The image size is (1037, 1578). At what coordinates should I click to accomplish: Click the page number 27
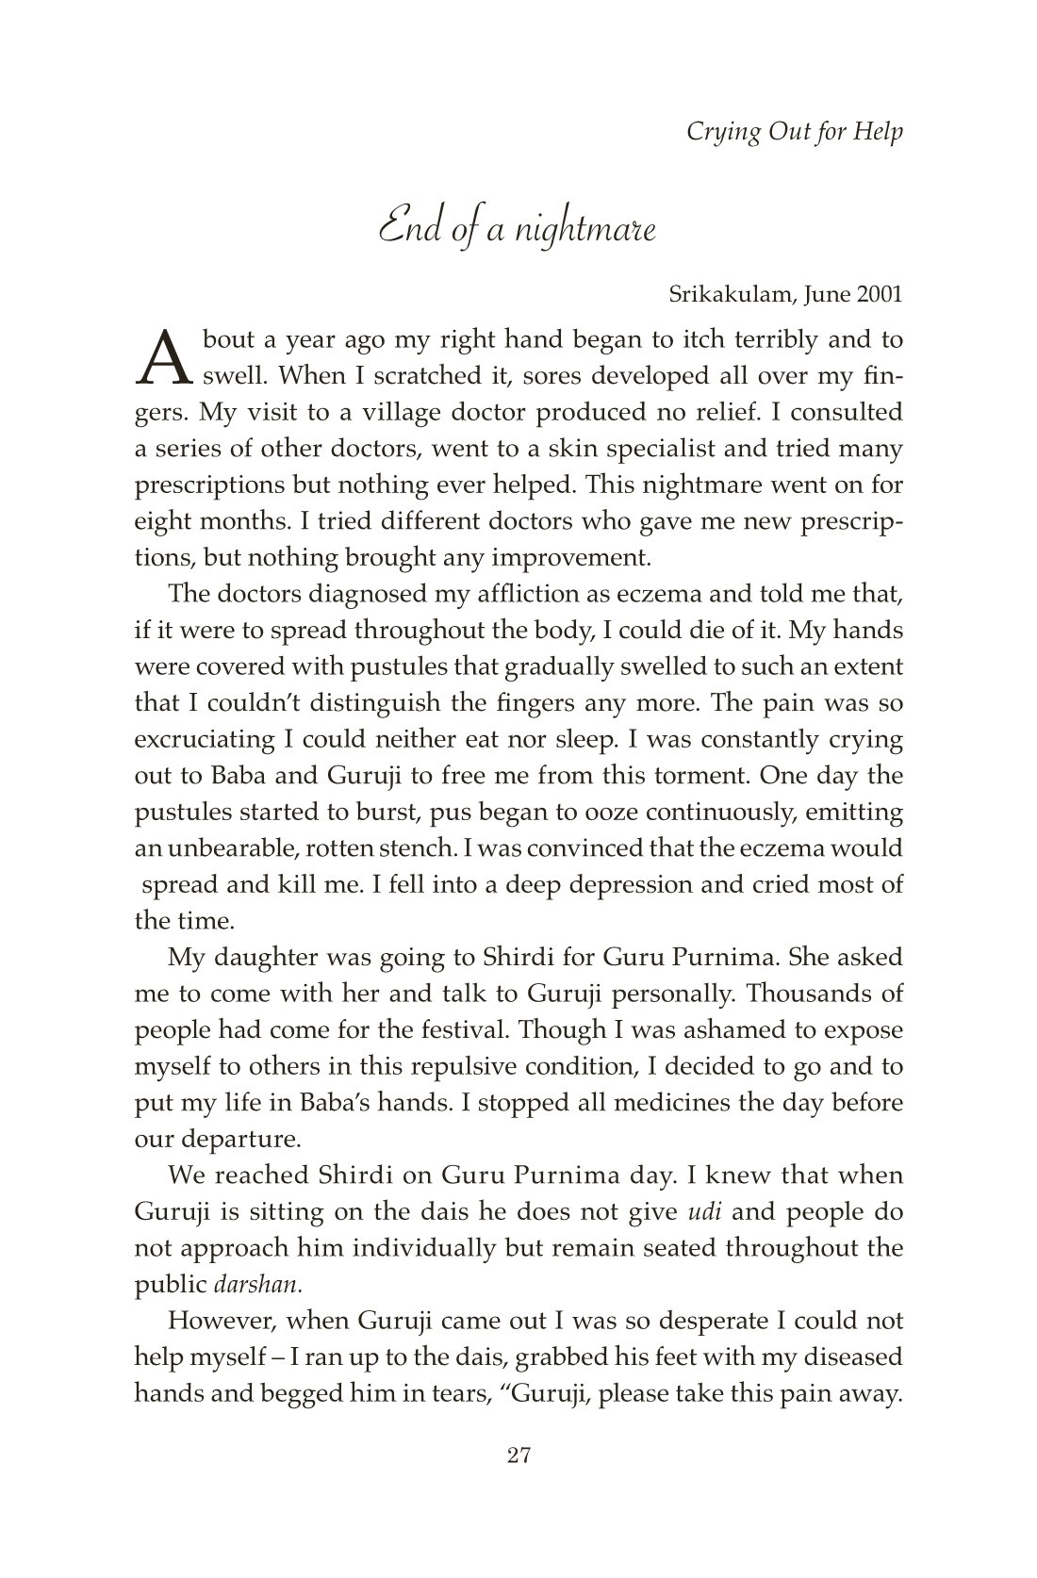pyautogui.click(x=519, y=1482)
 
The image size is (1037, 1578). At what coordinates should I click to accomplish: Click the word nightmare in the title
pyautogui.click(x=584, y=229)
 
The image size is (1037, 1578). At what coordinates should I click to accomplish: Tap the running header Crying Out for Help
pyautogui.click(x=794, y=131)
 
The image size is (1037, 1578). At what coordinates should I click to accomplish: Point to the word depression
pyautogui.click(x=657, y=885)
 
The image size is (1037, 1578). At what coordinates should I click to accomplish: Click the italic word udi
pyautogui.click(x=693, y=1211)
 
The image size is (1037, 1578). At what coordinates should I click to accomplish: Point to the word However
pyautogui.click(x=215, y=1321)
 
